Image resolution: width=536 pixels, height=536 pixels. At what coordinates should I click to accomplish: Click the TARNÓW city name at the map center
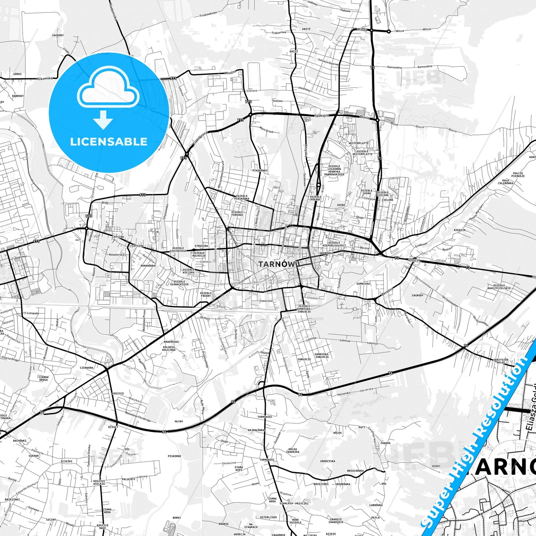click(x=276, y=264)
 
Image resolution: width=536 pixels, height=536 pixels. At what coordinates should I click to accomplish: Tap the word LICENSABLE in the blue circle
click(x=109, y=142)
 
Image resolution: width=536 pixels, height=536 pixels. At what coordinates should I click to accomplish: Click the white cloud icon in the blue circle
click(x=108, y=88)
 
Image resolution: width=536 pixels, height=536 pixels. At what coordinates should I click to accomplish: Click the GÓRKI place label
click(x=17, y=74)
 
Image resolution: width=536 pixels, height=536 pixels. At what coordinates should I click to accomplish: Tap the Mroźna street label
click(x=230, y=73)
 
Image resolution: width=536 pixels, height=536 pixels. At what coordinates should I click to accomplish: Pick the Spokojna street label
click(x=321, y=115)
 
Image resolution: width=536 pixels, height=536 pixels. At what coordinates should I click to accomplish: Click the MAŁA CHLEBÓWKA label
click(x=508, y=182)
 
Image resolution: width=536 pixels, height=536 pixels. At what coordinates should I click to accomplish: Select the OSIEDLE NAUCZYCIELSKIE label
click(x=499, y=286)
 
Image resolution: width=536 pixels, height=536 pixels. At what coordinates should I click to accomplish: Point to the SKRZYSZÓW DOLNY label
click(x=501, y=361)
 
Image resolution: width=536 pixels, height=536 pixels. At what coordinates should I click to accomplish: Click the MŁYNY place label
click(x=179, y=421)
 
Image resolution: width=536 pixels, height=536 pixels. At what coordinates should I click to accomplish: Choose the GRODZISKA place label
click(x=328, y=461)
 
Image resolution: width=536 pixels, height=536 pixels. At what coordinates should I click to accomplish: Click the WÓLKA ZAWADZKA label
click(x=293, y=450)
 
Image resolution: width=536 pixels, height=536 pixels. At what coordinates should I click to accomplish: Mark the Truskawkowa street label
click(x=208, y=14)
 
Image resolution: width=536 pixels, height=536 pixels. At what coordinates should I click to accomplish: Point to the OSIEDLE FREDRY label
click(x=206, y=295)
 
